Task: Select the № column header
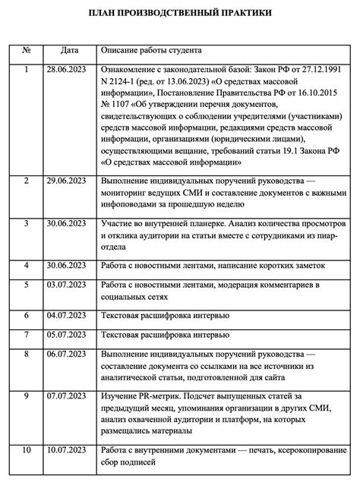pyautogui.click(x=27, y=52)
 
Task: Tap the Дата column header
pyautogui.click(x=70, y=52)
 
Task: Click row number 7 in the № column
pyautogui.click(x=27, y=334)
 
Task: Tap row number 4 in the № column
pyautogui.click(x=27, y=265)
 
